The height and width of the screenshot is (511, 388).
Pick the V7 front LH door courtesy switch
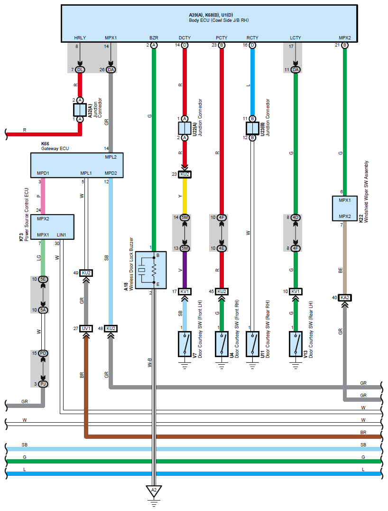pos(185,344)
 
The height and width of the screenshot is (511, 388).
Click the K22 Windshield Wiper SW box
pos(345,208)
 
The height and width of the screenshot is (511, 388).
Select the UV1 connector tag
pos(86,328)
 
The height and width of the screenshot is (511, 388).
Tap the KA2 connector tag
pos(345,298)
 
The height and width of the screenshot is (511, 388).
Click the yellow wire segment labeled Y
pos(185,196)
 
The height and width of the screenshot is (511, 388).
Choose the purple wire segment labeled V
pos(185,269)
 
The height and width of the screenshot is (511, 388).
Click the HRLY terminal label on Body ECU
pos(80,38)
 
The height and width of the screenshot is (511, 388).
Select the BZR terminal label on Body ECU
pos(154,38)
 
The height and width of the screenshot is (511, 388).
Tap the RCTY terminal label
pos(252,38)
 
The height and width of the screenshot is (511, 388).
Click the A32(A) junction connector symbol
pos(80,110)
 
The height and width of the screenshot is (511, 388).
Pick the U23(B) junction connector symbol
pos(252,128)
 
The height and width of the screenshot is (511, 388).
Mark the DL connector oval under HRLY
pos(80,70)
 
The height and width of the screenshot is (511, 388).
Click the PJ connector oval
pos(43,384)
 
